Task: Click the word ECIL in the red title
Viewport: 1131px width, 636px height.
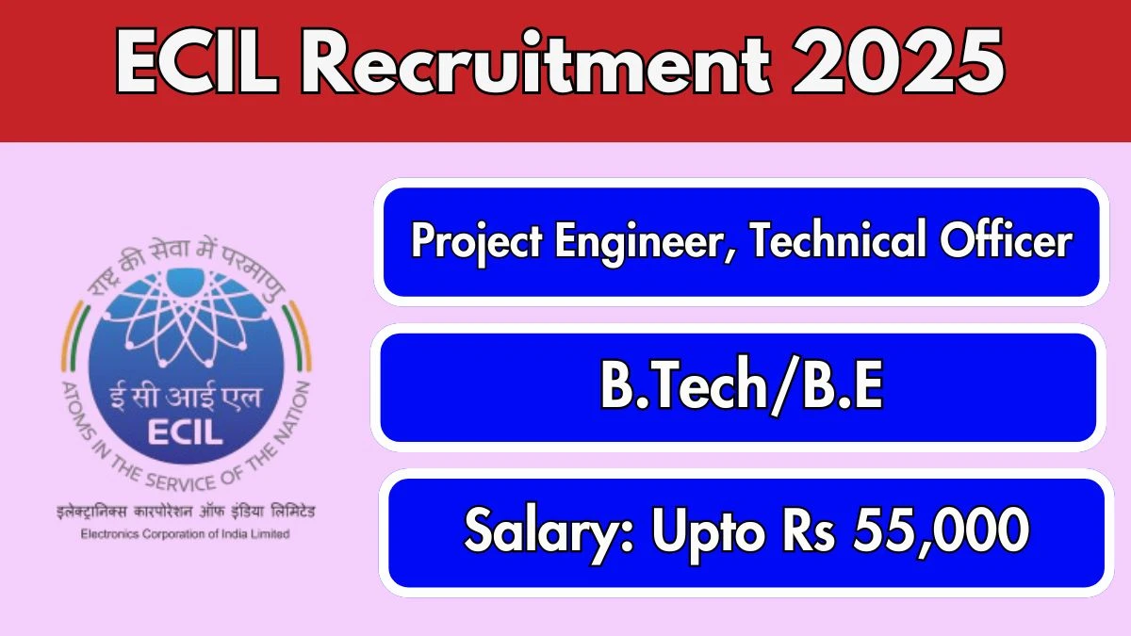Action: click(x=197, y=61)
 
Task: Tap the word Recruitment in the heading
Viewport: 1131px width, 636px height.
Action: click(x=535, y=61)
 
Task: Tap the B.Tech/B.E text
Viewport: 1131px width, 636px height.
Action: click(x=741, y=386)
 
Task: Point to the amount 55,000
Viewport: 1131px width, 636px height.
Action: click(x=942, y=531)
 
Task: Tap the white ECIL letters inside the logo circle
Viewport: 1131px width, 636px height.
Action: click(x=185, y=432)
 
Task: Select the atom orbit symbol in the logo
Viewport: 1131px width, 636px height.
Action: click(x=186, y=319)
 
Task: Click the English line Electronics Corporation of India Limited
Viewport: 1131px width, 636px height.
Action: click(x=186, y=533)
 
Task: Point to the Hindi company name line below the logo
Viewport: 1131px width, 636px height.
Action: click(x=186, y=512)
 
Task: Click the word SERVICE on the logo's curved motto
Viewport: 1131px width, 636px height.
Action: click(x=181, y=483)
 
